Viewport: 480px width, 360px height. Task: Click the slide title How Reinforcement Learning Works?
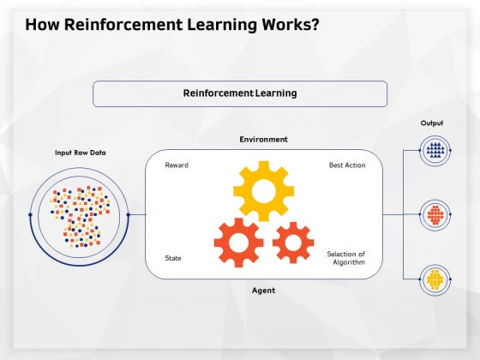pos(172,24)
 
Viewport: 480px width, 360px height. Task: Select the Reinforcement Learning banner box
pos(239,93)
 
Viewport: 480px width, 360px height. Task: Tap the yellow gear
pos(263,190)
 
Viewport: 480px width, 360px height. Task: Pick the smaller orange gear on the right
pos(293,243)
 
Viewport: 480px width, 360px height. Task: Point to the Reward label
pos(177,165)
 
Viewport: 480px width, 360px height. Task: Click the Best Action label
pos(347,165)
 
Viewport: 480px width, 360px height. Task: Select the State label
pos(173,257)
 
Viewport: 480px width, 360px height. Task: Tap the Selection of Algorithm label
pos(346,257)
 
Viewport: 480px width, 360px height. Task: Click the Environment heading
pos(263,139)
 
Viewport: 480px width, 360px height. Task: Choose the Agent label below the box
pos(263,291)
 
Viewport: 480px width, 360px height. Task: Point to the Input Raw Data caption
pos(80,153)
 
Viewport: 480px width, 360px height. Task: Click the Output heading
pos(432,123)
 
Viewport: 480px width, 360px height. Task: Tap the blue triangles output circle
pos(435,151)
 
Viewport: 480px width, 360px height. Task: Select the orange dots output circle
pos(435,214)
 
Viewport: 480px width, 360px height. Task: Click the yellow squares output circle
pos(435,279)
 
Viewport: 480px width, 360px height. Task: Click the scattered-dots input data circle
pos(79,214)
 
